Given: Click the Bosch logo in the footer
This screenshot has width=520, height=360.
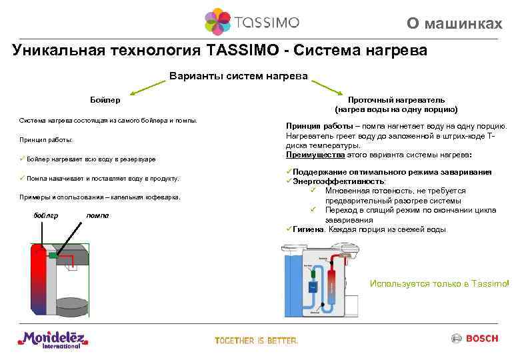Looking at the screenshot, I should point(475,339).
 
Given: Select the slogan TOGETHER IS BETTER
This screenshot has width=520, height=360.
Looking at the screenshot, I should point(256,341).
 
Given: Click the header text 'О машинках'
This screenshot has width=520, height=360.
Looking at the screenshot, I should point(455,24).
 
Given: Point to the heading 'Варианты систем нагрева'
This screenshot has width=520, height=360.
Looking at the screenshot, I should point(239,76).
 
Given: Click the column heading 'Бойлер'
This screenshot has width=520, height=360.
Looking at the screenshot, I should point(105,99).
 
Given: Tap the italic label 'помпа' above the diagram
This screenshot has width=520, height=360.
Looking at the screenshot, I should point(97,215).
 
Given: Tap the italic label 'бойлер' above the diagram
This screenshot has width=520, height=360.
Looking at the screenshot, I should point(45,215).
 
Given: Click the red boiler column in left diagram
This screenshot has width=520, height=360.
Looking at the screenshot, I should point(39,280).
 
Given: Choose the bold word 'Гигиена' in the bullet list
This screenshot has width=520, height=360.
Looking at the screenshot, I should point(307,229).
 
